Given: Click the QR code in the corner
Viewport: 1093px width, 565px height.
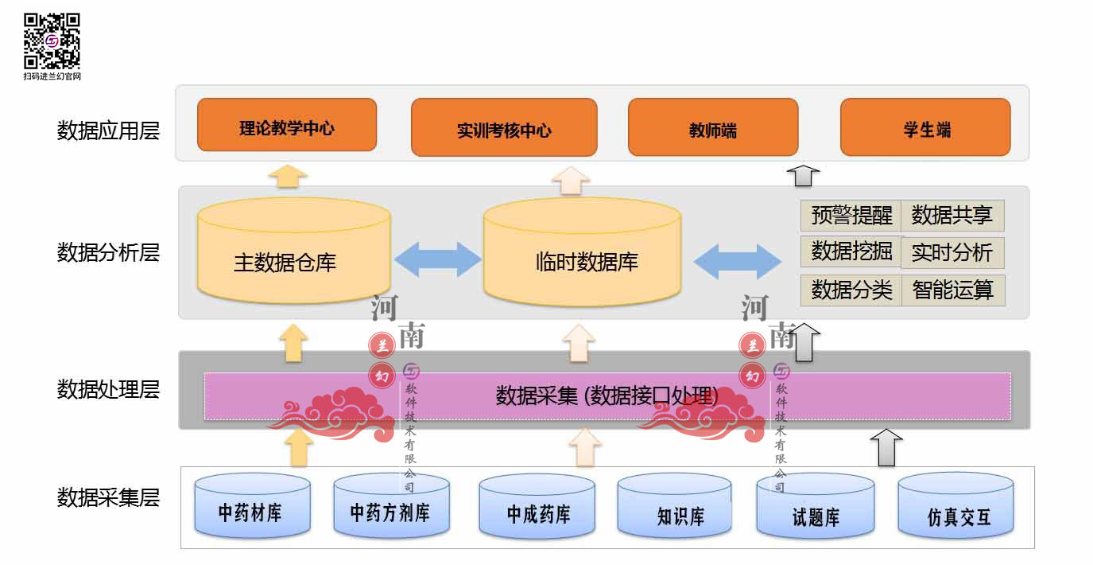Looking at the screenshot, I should coord(52,41).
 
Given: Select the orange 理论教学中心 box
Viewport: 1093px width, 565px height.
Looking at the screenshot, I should coord(287,125).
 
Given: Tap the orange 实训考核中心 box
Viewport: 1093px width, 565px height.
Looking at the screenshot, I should coord(504,127).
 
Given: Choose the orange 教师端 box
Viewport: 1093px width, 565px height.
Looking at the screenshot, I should coord(713,127).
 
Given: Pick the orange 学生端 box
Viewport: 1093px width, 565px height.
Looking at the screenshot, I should coord(925,127).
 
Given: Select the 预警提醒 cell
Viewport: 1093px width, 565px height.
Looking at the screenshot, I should coord(851,216).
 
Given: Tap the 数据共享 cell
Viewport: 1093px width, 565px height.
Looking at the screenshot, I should coord(952,216).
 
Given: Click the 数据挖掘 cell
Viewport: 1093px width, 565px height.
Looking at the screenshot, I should coord(851,252).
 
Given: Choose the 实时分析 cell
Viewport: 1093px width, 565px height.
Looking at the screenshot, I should coord(952,253).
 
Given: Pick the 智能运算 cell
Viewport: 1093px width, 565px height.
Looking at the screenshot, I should coord(953,290).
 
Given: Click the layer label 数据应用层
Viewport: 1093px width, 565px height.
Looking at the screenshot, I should coord(108,131).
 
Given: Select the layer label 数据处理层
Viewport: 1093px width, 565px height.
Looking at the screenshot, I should coord(108,390).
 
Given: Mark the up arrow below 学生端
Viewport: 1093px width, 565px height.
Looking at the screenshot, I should coord(804,174).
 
